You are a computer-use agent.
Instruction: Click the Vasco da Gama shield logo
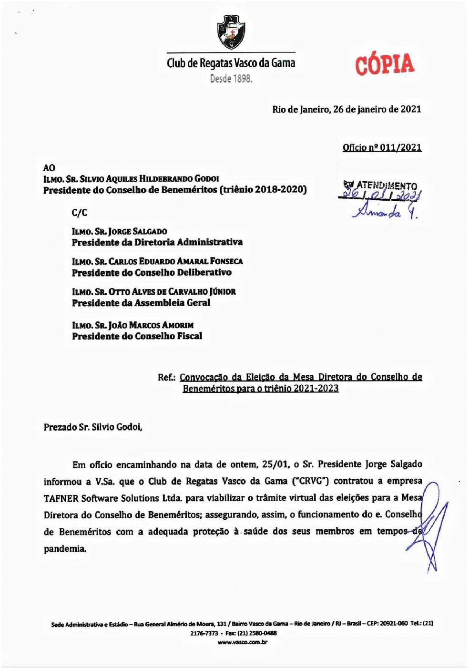pos(231,31)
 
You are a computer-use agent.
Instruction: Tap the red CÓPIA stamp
pos(384,65)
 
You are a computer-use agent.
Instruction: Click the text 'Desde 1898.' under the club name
pos(231,79)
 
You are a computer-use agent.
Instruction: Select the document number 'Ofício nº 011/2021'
pos(382,147)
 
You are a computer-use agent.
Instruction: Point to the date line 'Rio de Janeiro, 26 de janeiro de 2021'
pos(347,109)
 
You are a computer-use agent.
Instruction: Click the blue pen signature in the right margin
pos(431,525)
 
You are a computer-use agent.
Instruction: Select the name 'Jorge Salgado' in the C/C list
pos(138,231)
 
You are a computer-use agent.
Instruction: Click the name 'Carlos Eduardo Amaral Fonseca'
pos(175,261)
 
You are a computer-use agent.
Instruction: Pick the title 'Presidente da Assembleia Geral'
pos(141,303)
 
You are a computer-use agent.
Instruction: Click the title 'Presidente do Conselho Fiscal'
pos(137,336)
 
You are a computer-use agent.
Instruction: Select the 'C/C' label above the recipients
pos(79,213)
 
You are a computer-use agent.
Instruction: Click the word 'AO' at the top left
pos(49,168)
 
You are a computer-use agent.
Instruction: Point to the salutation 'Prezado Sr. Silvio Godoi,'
pos(93,427)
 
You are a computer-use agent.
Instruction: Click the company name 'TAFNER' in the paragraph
pos(61,498)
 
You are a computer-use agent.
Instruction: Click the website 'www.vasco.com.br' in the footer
pos(242,642)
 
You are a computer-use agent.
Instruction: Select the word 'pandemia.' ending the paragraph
pos(65,549)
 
